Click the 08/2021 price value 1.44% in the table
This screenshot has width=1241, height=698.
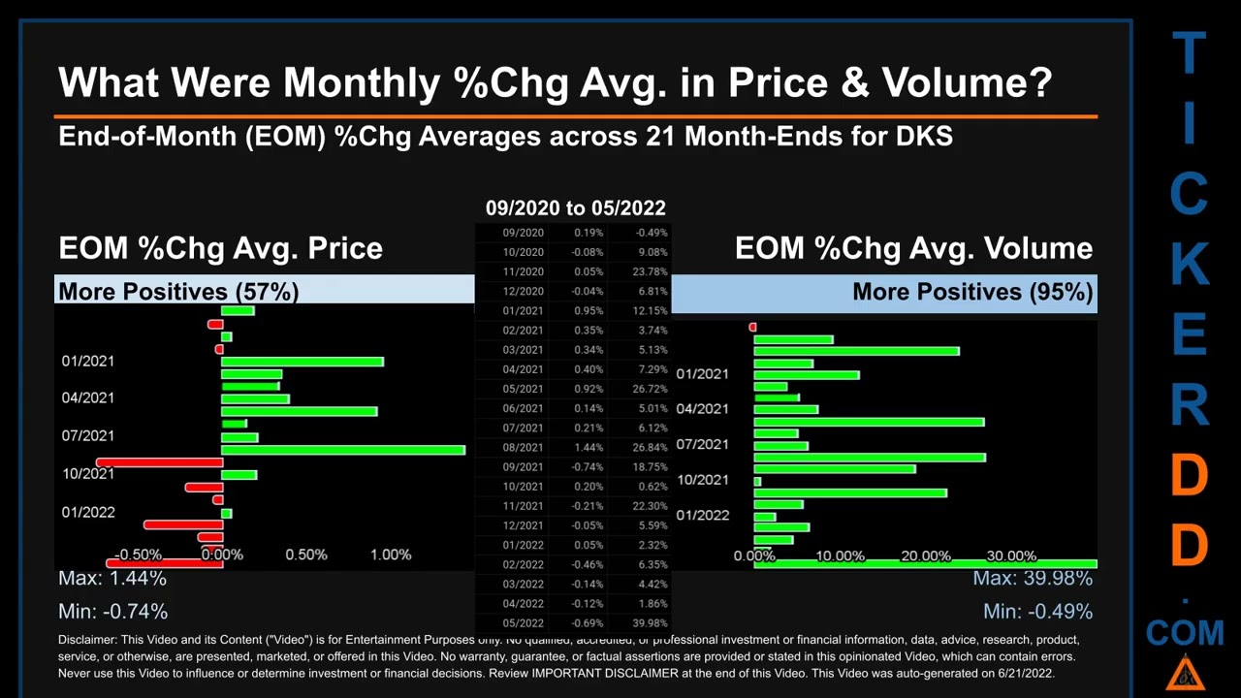point(588,447)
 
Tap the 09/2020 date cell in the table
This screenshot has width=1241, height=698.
point(523,233)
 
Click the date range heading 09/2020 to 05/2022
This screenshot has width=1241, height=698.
point(575,207)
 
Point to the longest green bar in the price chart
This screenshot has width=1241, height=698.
point(343,450)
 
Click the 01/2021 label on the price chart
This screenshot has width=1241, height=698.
point(88,361)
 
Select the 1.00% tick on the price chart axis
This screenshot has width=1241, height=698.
point(391,555)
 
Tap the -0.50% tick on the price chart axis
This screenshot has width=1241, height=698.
point(138,555)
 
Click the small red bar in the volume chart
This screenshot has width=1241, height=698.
point(752,328)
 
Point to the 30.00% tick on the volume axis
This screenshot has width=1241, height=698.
point(1011,555)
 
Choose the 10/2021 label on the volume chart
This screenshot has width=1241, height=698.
point(703,479)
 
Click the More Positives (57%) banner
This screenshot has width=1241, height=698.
point(178,291)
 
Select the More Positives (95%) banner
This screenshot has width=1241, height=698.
point(972,291)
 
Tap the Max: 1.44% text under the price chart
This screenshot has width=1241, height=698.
point(112,578)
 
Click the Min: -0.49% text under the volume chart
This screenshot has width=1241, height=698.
point(1037,611)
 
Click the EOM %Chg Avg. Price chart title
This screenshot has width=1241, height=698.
point(220,248)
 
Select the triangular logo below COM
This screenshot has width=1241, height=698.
point(1184,673)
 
